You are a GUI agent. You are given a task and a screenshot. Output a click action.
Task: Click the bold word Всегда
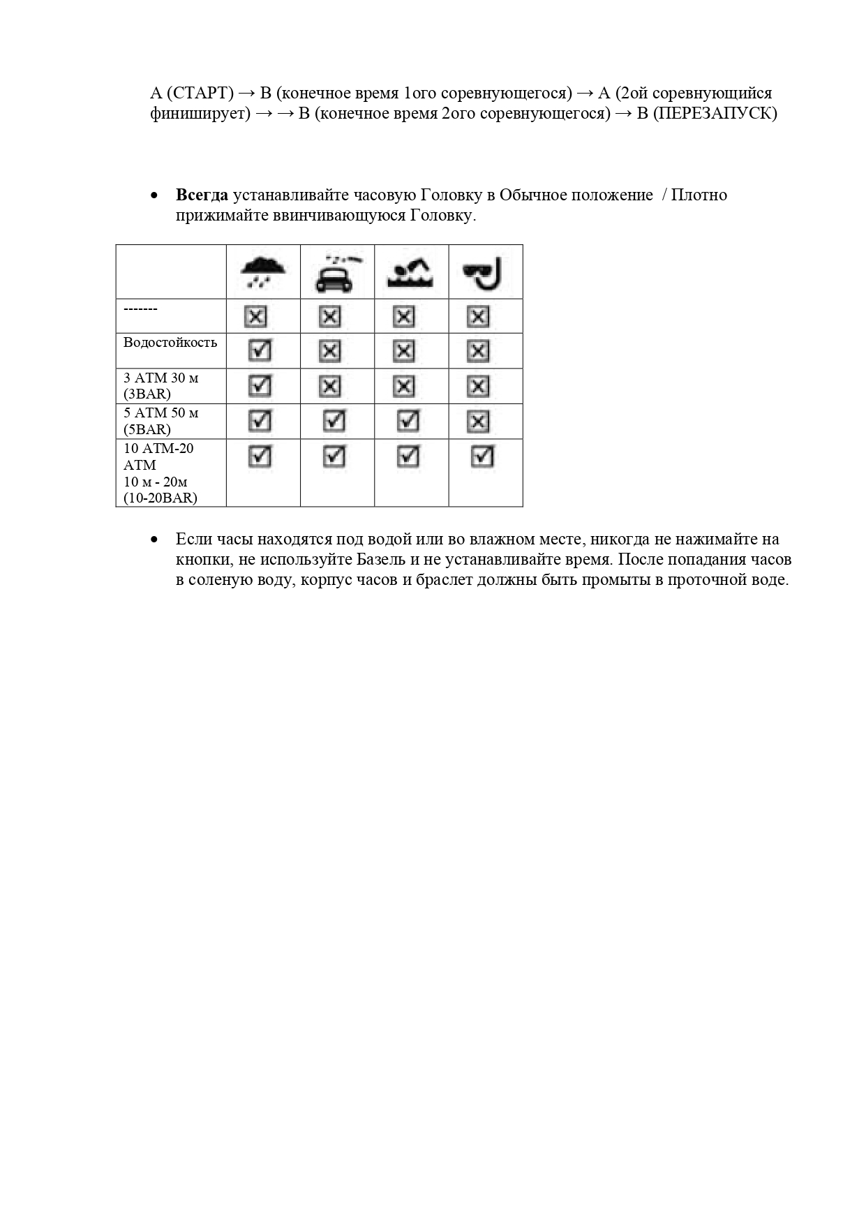click(x=202, y=195)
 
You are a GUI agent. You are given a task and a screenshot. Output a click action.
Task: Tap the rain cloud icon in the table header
click(x=262, y=272)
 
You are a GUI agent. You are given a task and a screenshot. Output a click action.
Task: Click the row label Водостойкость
click(x=170, y=343)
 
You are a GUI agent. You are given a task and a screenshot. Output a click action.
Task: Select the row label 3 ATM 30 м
click(x=161, y=378)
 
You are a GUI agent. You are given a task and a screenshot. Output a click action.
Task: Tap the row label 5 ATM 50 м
click(x=161, y=413)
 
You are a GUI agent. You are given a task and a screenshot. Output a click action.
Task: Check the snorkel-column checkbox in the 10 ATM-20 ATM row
click(x=483, y=456)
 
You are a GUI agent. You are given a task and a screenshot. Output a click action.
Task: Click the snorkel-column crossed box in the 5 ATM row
click(x=478, y=421)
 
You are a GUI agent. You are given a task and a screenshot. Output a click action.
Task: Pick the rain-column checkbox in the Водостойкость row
click(x=260, y=350)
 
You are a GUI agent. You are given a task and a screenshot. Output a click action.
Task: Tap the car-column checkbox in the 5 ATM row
click(x=334, y=421)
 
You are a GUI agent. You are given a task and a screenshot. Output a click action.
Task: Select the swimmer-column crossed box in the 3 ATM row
click(x=404, y=386)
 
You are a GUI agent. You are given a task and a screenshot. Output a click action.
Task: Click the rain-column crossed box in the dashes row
click(x=255, y=317)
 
